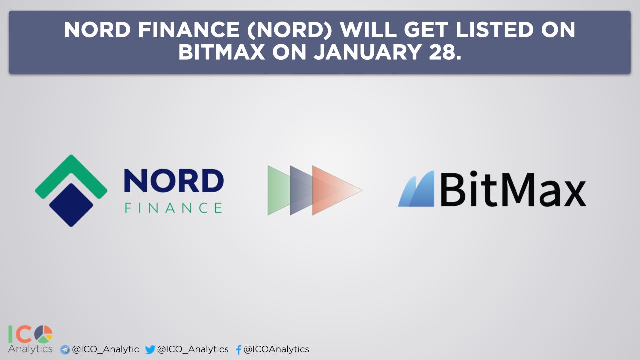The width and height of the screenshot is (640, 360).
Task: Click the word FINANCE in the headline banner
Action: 189,30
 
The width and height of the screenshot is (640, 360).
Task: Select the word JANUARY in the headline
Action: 367,52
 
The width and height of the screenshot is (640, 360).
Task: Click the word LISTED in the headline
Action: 494,30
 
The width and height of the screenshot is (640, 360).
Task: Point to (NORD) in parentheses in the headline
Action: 289,30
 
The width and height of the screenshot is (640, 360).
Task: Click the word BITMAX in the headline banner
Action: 221,52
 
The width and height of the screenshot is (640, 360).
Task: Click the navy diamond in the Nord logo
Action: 71,205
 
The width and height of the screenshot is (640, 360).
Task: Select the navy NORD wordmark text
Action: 174,181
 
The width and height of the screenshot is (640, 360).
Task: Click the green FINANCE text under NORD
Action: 173,208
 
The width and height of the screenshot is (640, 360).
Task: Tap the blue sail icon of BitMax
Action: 416,189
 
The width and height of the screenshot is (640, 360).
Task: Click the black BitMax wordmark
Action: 513,189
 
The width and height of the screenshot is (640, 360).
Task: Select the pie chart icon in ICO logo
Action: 43,334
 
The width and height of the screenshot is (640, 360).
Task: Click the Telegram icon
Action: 65,350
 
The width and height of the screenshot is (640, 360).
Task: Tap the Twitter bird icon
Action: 150,349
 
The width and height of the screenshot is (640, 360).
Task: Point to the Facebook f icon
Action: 239,349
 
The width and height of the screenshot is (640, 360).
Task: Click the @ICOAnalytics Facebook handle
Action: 276,349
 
